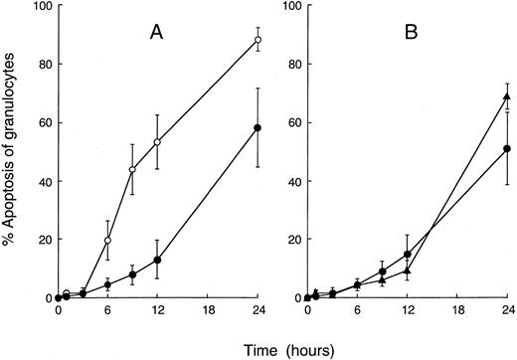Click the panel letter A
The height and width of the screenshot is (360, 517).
coord(157,32)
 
